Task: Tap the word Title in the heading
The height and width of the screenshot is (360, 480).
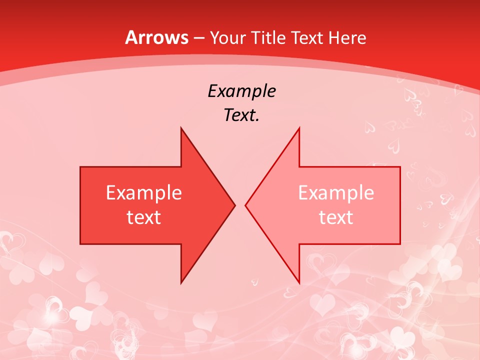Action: pyautogui.click(x=267, y=38)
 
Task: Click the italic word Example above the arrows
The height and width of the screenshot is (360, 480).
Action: pyautogui.click(x=241, y=91)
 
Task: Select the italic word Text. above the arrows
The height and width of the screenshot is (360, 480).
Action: pyautogui.click(x=241, y=115)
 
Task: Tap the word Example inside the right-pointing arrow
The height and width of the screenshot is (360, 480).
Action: pyautogui.click(x=144, y=193)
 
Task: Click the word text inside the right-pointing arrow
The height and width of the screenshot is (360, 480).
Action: pyautogui.click(x=144, y=217)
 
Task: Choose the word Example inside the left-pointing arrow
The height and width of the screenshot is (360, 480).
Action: pyautogui.click(x=336, y=193)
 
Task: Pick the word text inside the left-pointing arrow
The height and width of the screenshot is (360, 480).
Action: pyautogui.click(x=336, y=217)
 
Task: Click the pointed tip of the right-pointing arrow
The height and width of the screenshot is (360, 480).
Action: pyautogui.click(x=234, y=205)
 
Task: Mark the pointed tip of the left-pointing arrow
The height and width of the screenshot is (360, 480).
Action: pyautogui.click(x=246, y=205)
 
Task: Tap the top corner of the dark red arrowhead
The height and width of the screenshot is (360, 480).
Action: pyautogui.click(x=181, y=128)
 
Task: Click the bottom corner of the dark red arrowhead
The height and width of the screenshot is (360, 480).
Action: pyautogui.click(x=181, y=283)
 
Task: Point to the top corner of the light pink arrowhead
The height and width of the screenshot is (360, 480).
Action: pyautogui.click(x=299, y=128)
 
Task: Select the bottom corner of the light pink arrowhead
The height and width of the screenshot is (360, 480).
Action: pyautogui.click(x=299, y=283)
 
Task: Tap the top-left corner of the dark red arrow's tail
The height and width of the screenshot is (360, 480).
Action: pyautogui.click(x=80, y=167)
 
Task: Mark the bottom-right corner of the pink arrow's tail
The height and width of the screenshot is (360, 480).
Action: pyautogui.click(x=400, y=243)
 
